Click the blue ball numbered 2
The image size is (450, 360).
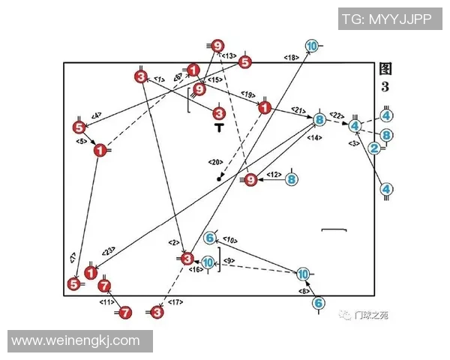tap(375, 148)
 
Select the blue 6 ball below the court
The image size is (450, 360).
tap(319, 304)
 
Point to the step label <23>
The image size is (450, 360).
tap(108, 251)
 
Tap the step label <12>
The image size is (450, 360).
tap(274, 175)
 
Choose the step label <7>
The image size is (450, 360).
tap(73, 257)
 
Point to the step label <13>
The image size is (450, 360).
tap(229, 55)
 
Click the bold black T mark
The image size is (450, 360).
tap(219, 128)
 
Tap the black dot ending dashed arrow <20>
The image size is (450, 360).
tap(219, 179)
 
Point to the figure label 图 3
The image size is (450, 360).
tap(385, 77)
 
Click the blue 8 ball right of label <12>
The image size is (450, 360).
tap(292, 179)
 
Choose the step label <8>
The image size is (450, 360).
tap(304, 290)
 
